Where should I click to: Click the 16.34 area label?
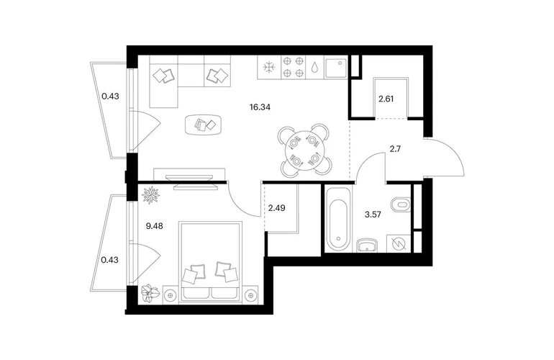260,107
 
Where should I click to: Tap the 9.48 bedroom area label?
155,226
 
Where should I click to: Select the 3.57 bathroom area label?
373,215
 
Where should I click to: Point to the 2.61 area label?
386,99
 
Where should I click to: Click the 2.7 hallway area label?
395,149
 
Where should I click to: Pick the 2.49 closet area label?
277,208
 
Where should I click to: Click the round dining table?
304,151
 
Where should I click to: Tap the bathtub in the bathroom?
338,220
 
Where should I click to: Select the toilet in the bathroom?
401,204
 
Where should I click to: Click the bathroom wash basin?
368,245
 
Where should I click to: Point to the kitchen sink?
336,68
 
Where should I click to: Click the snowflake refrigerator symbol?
269,67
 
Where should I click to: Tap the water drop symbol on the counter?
314,67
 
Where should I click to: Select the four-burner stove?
293,68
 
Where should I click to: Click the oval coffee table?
204,124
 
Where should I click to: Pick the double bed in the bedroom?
211,262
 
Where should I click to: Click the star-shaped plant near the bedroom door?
151,195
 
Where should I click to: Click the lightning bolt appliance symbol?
399,243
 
